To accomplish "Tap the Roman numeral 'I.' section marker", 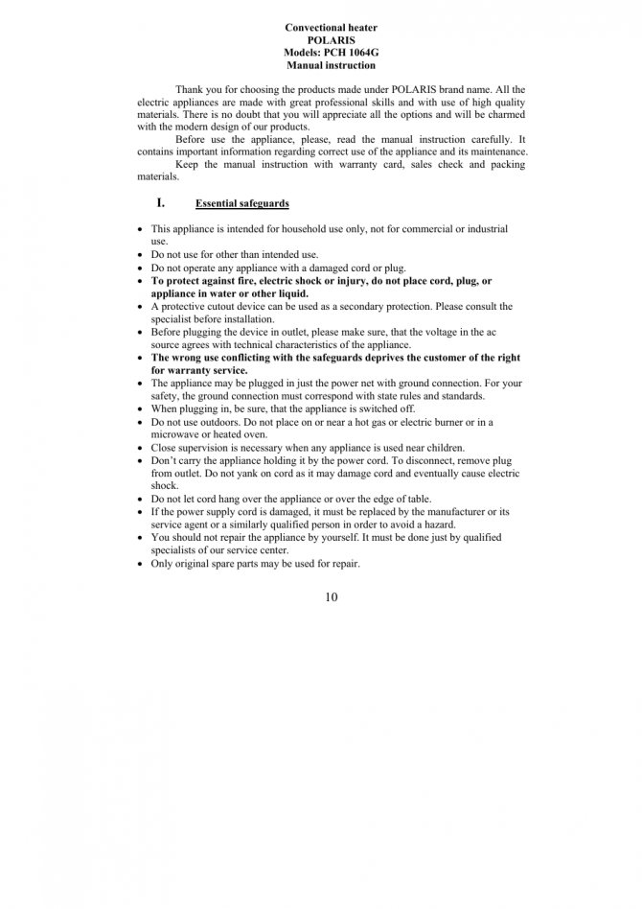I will coord(161,203).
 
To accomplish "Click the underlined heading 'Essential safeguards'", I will coord(241,204).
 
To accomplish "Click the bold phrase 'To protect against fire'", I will coord(203,281).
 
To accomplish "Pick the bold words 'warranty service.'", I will coord(208,370).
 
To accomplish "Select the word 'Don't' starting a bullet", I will coord(163,460).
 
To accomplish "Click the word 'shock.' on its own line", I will coord(165,486).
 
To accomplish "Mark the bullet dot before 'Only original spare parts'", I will coord(141,564).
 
